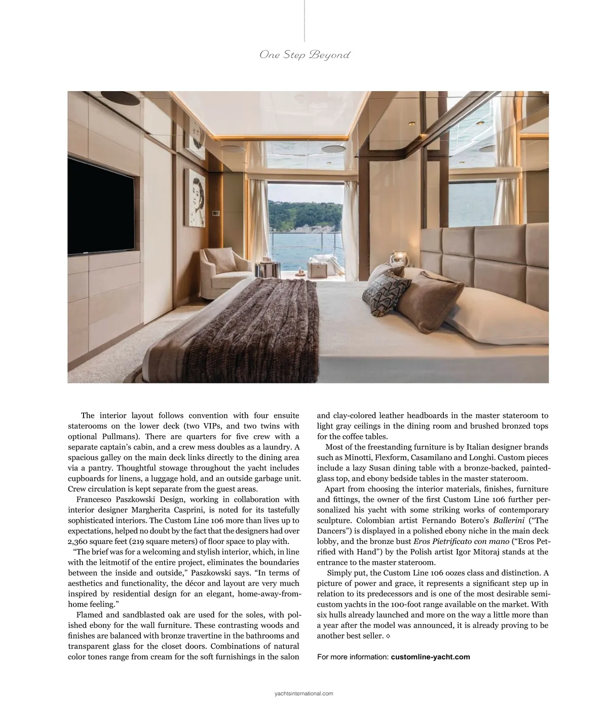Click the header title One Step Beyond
[305, 55]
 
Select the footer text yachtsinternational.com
[303, 694]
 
